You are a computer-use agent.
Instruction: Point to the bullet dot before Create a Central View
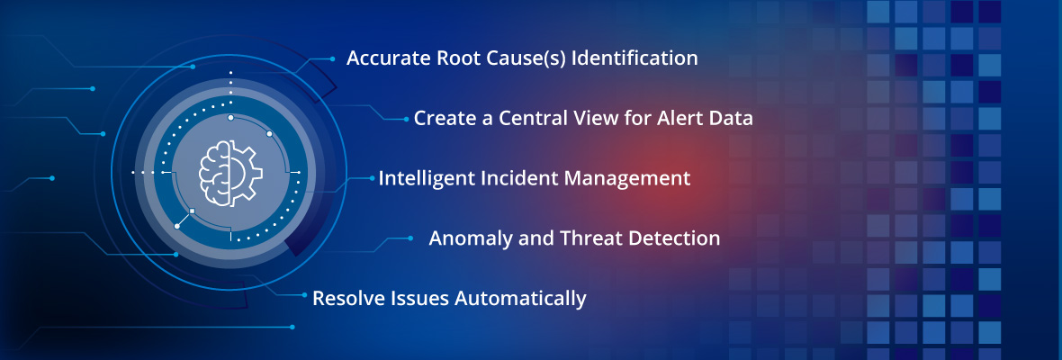pyautogui.click(x=405, y=119)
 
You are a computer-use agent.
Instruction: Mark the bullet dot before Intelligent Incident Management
pyautogui.click(x=373, y=178)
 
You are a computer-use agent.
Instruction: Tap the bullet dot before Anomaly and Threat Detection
pyautogui.click(x=410, y=238)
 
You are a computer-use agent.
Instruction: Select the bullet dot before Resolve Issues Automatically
pyautogui.click(x=303, y=296)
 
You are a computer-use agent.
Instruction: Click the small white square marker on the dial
pyautogui.click(x=193, y=210)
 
